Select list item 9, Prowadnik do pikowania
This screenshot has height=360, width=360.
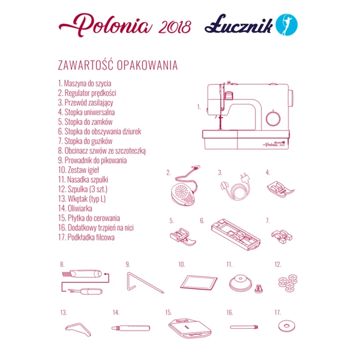tap(92, 160)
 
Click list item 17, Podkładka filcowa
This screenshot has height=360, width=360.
tap(86, 237)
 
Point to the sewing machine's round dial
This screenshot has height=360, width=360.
tap(273, 117)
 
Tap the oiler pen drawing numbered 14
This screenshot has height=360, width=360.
tap(131, 328)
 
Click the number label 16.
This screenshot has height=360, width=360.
tap(230, 313)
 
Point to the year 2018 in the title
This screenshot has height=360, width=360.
tap(176, 27)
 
